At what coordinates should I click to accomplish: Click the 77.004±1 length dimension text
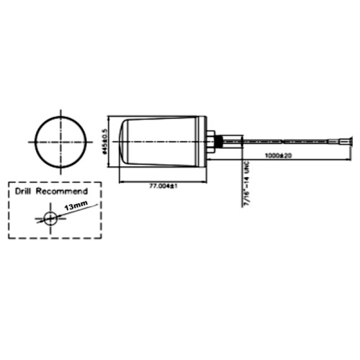pyautogui.click(x=163, y=186)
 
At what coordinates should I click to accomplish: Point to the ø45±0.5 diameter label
pyautogui.click(x=105, y=141)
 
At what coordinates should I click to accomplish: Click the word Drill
pyautogui.click(x=26, y=192)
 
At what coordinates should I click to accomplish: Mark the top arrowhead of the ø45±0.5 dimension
pyautogui.click(x=109, y=118)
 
